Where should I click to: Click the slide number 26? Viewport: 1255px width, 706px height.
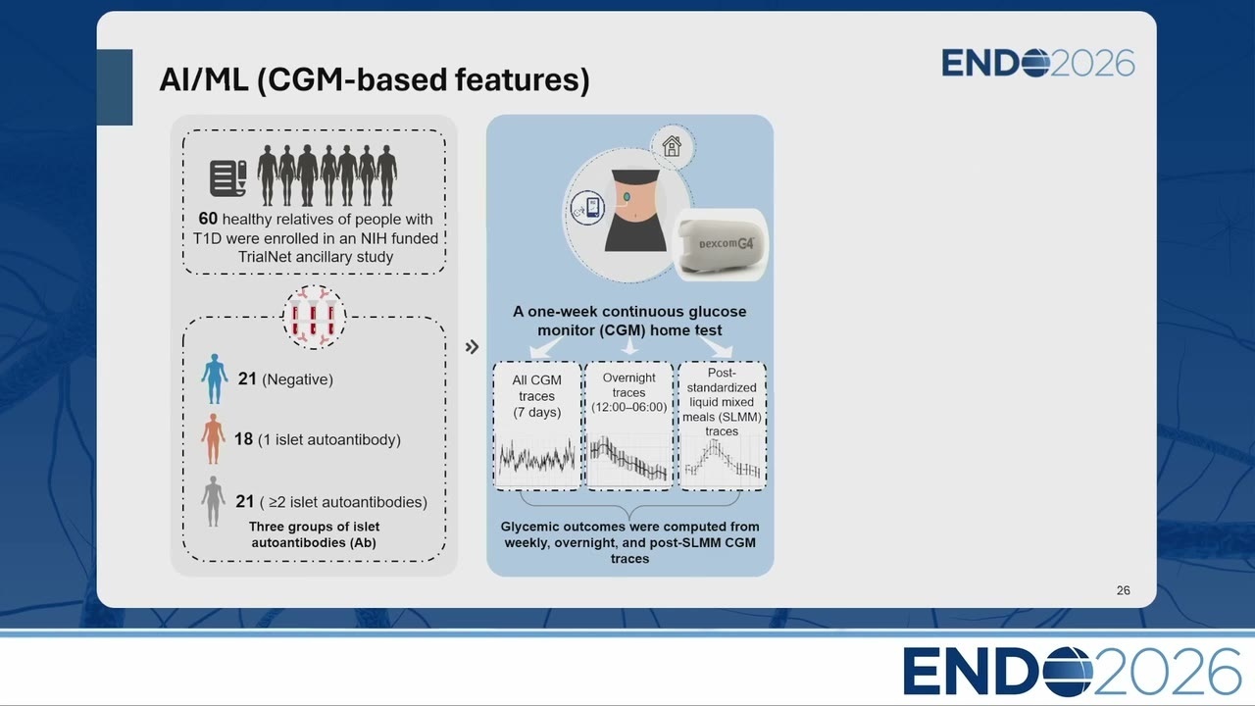1123,590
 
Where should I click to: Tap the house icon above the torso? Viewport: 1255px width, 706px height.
672,146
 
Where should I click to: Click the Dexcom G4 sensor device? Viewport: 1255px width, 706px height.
721,245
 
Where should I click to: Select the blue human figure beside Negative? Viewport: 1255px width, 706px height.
215,378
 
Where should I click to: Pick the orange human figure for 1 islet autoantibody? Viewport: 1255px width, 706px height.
213,438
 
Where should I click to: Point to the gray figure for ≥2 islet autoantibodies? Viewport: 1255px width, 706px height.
213,501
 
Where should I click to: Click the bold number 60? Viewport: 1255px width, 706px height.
208,219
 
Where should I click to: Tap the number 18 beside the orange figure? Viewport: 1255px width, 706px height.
243,438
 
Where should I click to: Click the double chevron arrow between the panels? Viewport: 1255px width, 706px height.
472,347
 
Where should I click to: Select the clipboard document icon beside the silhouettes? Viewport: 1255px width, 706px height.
228,178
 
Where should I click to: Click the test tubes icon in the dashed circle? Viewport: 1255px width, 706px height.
314,318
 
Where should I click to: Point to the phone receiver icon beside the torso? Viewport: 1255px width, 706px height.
587,208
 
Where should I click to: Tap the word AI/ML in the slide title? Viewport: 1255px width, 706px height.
204,79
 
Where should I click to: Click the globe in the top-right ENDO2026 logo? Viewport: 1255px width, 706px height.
1035,62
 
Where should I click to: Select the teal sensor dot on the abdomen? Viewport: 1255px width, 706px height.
627,197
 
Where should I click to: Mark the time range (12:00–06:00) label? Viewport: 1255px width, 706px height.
629,407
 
